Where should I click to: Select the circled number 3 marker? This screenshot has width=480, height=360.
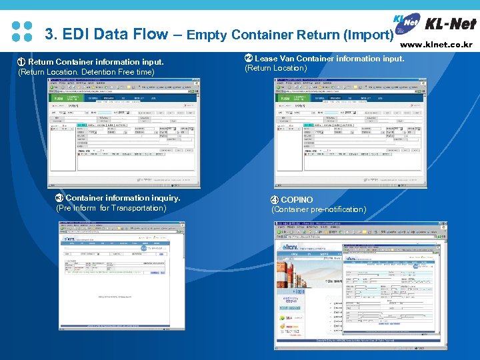pyautogui.click(x=59, y=198)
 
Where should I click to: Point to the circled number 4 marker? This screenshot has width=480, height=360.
pyautogui.click(x=274, y=200)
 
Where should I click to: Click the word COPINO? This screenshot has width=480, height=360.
pyautogui.click(x=297, y=200)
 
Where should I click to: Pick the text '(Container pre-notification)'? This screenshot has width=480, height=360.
pyautogui.click(x=318, y=210)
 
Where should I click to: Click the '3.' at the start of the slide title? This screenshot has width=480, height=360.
pyautogui.click(x=51, y=34)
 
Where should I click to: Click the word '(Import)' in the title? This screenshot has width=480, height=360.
pyautogui.click(x=373, y=35)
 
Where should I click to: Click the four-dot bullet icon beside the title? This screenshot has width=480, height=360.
pyautogui.click(x=22, y=31)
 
